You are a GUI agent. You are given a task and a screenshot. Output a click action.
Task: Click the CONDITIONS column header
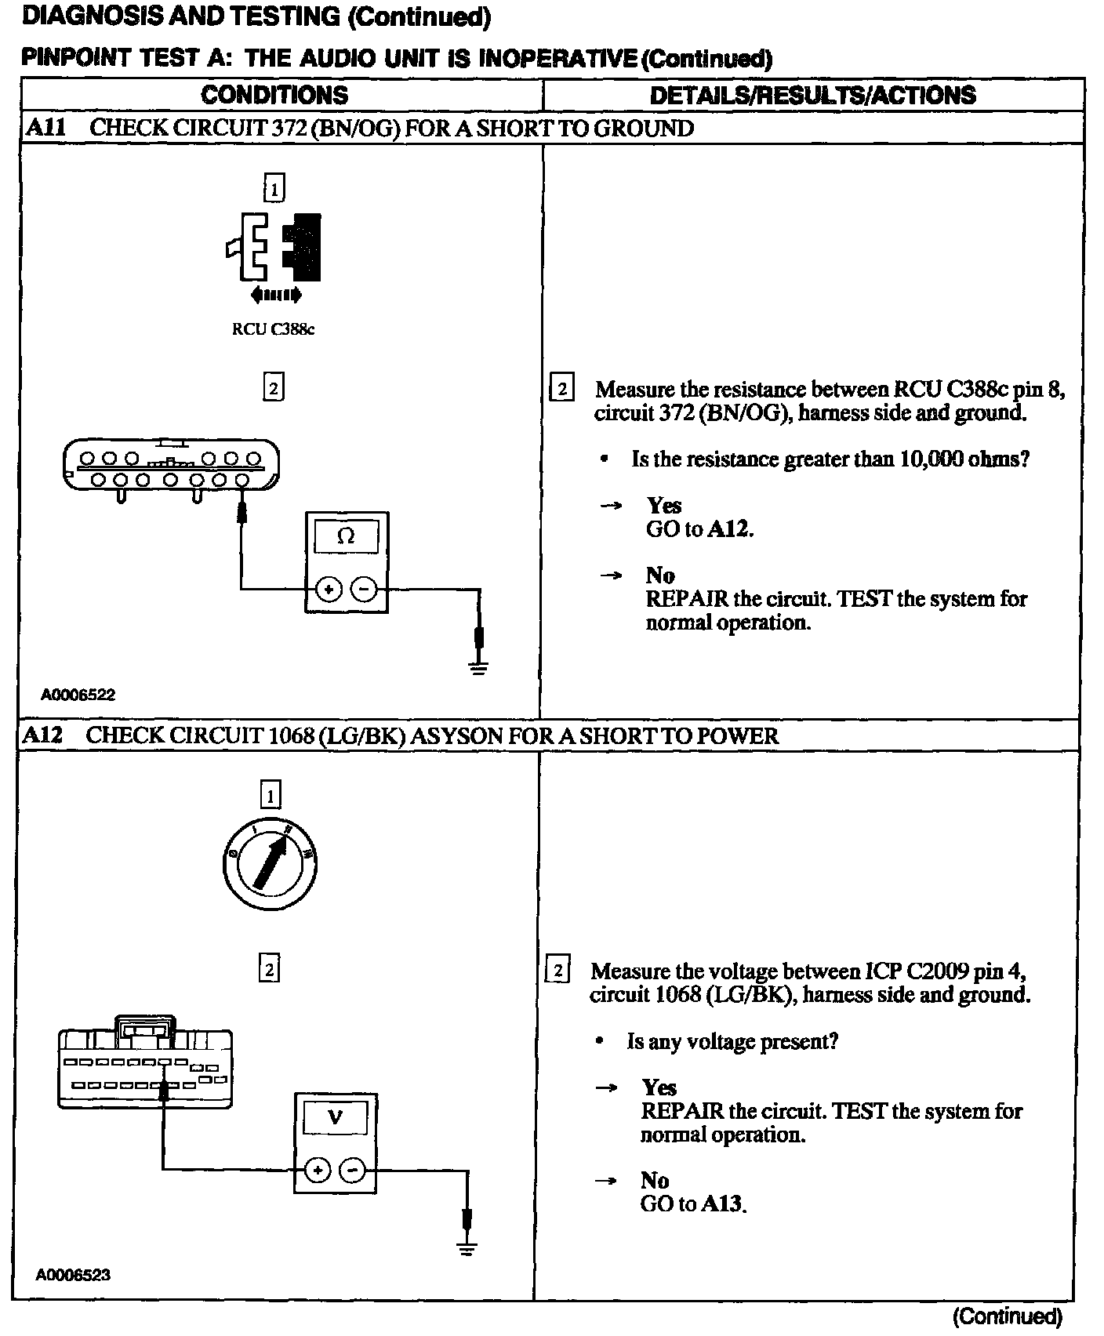274,95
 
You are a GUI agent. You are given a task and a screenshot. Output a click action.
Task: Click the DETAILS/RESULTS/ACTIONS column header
813,95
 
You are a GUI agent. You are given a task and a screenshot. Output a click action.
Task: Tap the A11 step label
45,128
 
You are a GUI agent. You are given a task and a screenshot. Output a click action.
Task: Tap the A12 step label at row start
42,735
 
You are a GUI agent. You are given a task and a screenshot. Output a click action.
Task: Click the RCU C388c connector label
273,329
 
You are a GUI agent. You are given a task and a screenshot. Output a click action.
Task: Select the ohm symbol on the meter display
346,536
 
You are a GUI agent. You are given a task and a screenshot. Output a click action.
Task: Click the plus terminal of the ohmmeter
329,588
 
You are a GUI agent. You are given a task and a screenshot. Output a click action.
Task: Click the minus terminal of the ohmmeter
363,588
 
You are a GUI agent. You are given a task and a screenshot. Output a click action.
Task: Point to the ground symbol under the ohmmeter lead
479,667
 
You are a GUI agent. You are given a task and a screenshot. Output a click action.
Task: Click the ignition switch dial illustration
269,866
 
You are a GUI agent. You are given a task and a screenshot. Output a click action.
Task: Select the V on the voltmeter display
335,1117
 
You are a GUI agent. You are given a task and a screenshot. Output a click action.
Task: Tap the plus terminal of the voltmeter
318,1171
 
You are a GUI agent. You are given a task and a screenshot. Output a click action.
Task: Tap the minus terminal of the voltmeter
353,1171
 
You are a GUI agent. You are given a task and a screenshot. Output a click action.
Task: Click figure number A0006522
78,695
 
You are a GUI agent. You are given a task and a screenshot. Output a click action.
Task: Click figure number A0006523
73,1275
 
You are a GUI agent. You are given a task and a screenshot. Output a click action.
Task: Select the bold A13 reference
722,1203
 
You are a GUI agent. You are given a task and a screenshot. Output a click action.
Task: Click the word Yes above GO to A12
664,506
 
